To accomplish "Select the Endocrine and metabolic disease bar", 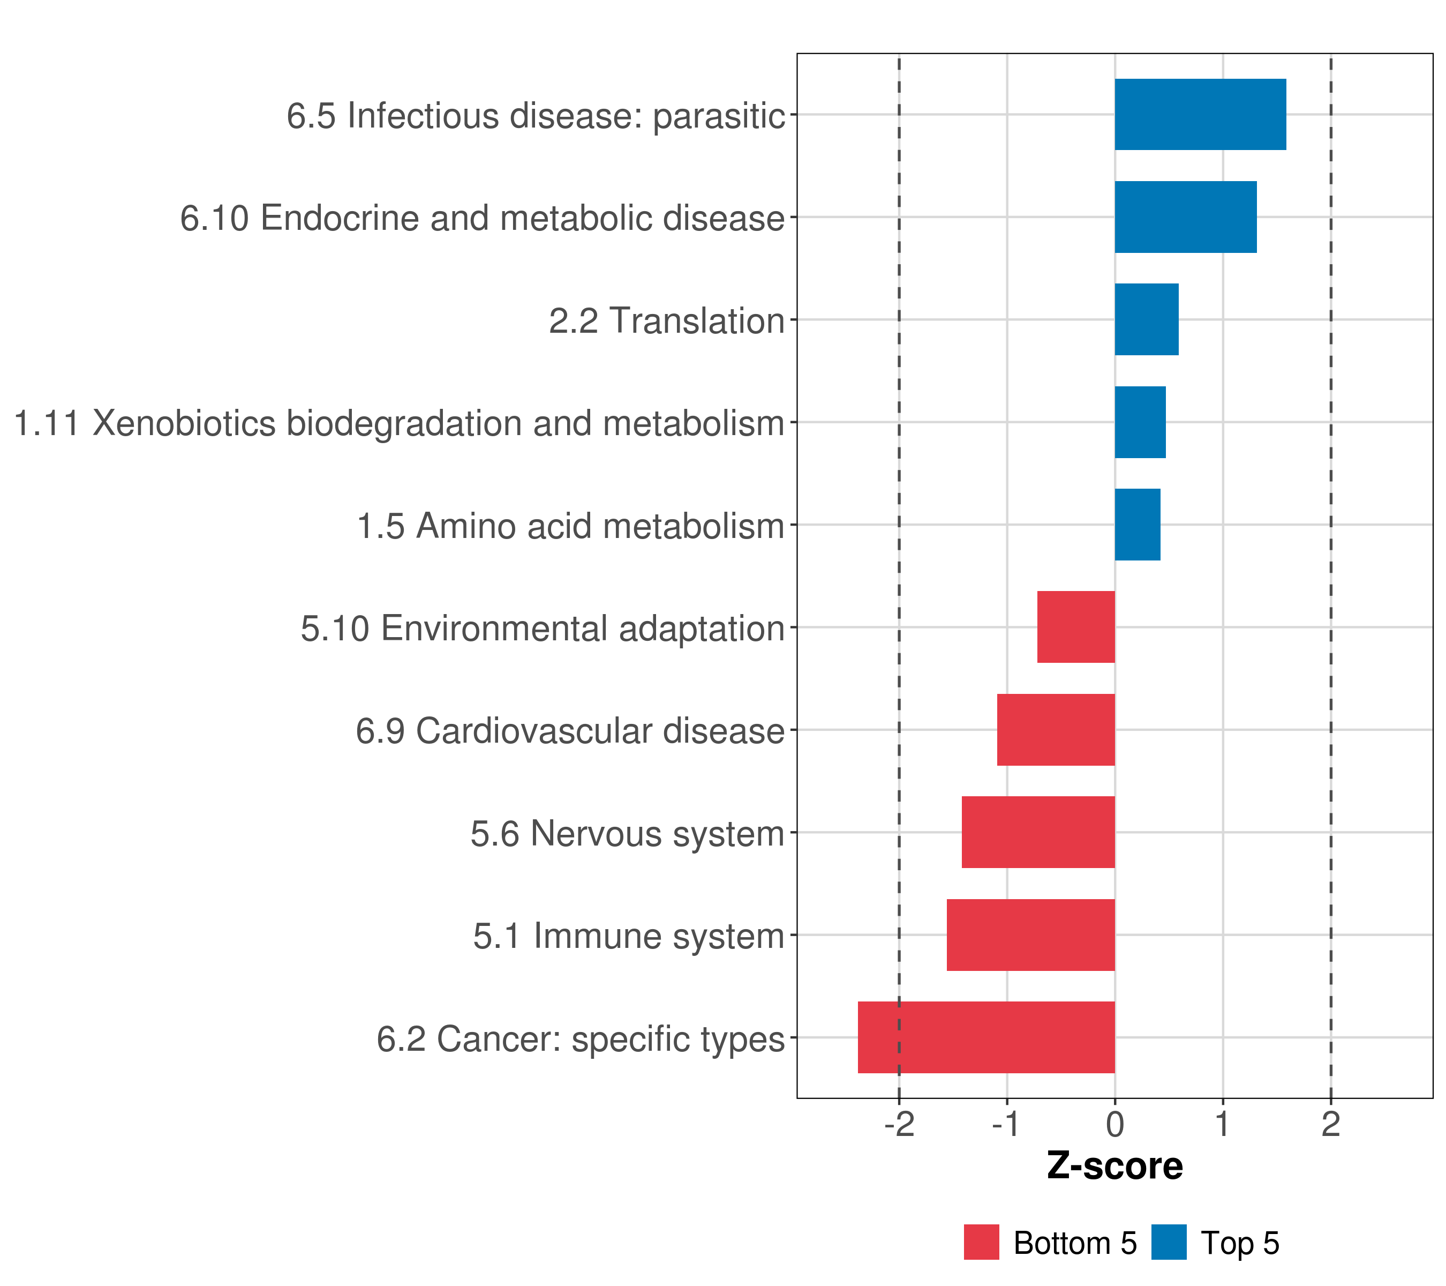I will [x=1185, y=218].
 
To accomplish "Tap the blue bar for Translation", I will [x=1146, y=319].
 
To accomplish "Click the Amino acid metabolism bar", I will [x=1137, y=525].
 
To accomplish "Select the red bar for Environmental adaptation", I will [x=1075, y=627].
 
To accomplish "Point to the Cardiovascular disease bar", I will [x=1056, y=730].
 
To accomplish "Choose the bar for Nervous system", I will [x=1038, y=832].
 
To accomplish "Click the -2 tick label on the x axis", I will [x=899, y=1125].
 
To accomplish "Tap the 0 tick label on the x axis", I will [x=1115, y=1125].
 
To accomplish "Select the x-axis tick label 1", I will [x=1223, y=1125].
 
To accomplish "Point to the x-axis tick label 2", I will [x=1331, y=1125].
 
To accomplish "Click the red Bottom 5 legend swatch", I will [x=981, y=1243].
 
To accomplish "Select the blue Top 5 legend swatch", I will [x=1169, y=1243].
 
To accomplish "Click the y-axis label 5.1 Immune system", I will [x=628, y=936].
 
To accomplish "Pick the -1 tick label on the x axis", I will [x=1005, y=1125].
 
